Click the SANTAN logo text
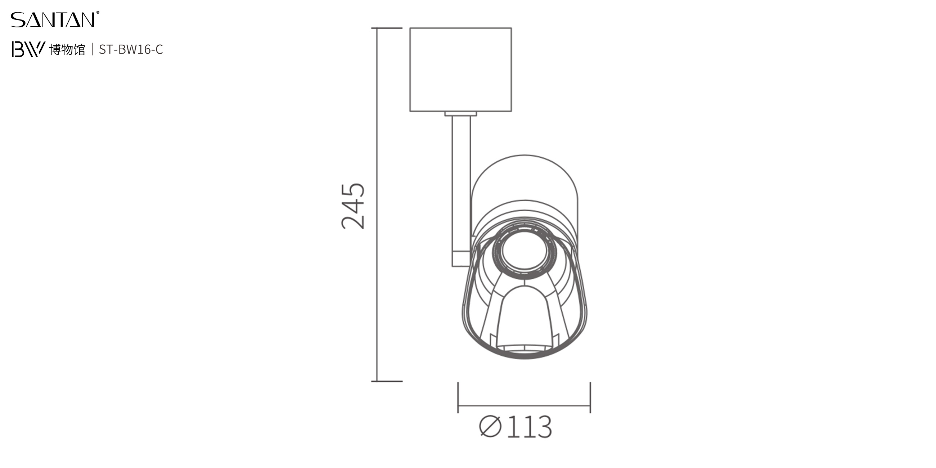pos(53,20)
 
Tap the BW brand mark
pos(28,49)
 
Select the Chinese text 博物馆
pos(67,49)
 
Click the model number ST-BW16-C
pos(131,49)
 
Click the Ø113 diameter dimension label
pos(516,426)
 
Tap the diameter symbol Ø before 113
pos(491,426)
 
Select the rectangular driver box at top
pos(461,69)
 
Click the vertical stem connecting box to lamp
pos(461,191)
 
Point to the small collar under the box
pos(461,114)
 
